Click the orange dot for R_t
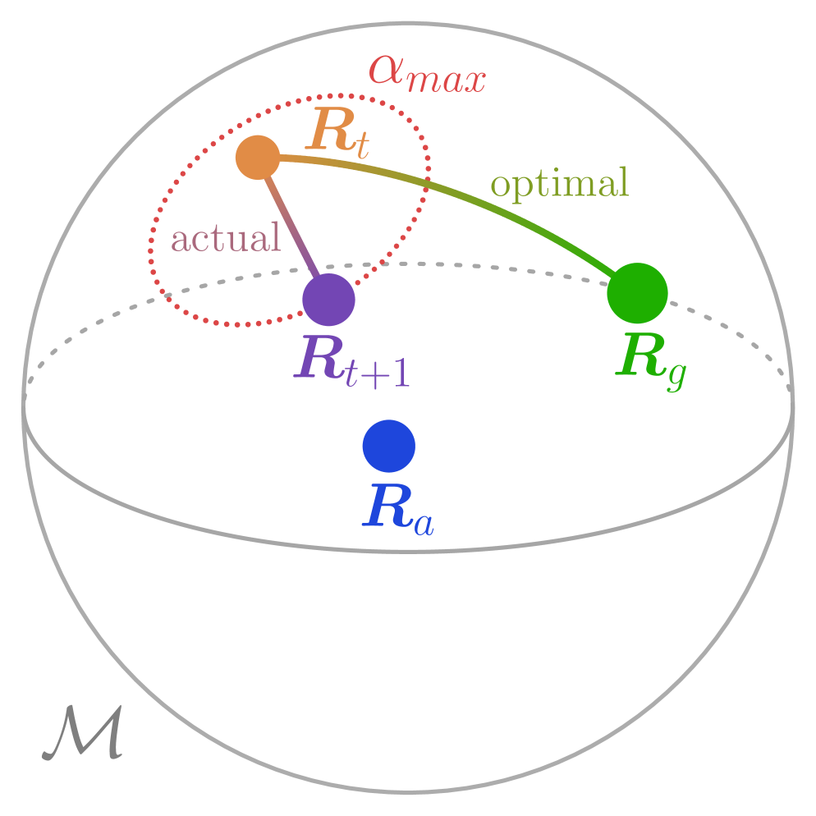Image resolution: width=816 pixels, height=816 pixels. [x=258, y=157]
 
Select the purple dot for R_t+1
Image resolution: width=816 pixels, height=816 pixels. [x=328, y=300]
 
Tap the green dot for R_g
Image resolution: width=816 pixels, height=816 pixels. [x=637, y=293]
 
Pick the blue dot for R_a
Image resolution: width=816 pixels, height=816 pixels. [x=389, y=447]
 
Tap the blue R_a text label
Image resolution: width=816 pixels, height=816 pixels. [x=397, y=509]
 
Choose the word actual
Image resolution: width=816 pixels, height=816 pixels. [x=226, y=239]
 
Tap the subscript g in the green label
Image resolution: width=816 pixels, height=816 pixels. [x=675, y=374]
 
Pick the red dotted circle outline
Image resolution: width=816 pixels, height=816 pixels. [x=151, y=246]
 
